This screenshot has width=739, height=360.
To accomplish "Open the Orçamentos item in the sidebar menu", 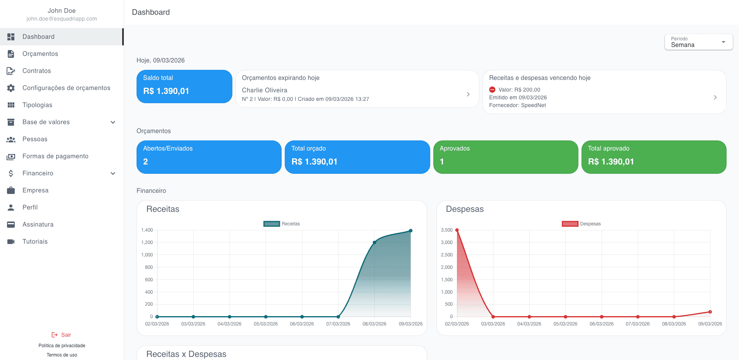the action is pos(40,54).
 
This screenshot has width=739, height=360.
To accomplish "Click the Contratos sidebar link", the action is pos(37,71).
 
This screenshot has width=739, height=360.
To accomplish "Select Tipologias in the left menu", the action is pos(37,105).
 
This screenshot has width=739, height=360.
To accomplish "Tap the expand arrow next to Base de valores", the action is pos(113,122).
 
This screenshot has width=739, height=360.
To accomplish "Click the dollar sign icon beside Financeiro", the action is pos(11,173).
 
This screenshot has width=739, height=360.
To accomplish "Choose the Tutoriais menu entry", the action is pos(35,241).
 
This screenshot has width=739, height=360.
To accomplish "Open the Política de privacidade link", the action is pos(62,346).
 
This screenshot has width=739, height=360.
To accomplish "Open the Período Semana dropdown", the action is pos(699,42).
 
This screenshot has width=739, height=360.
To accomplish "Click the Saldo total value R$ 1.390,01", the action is pos(166,91).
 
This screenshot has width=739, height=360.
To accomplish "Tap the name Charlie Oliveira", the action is pos(265,90).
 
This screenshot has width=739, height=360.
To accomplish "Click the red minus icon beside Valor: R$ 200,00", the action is pos(492,90).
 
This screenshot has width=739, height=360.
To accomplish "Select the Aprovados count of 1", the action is pos(442,162).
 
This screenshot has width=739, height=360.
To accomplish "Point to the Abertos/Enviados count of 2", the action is pos(145,162).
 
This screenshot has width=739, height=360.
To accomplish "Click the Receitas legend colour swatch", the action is pos(272,224).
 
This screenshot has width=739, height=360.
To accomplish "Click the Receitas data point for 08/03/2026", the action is pos(374,242).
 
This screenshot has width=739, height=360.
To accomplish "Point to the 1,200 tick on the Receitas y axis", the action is pos(147,242).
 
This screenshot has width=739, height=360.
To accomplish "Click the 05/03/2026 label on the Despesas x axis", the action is pos(565,324).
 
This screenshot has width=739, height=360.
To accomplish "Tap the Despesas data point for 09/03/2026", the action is pos(710,312).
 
